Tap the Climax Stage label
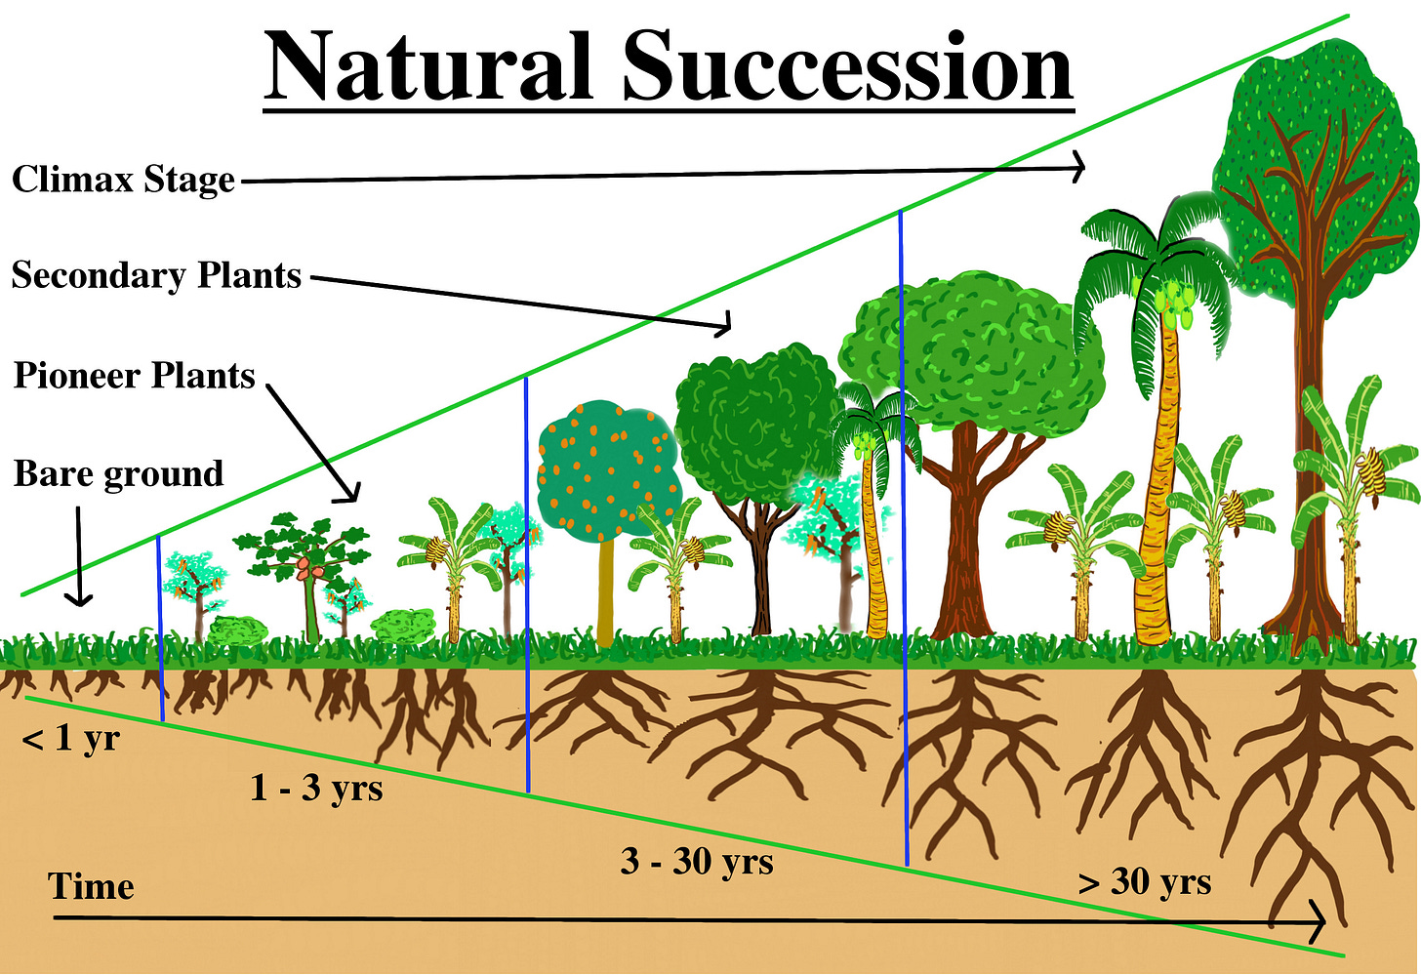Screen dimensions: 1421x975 coord(124,181)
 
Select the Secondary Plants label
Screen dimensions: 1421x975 coord(156,276)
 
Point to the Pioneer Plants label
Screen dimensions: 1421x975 coord(134,376)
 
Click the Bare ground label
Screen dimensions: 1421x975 coord(118,474)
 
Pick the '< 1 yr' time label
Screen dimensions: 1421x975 coord(70,739)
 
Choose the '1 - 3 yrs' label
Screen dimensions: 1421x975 coord(316,787)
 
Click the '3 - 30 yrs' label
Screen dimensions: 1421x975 coord(697,862)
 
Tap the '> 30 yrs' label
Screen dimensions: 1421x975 coord(1145,881)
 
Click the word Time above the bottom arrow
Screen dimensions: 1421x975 coord(91,886)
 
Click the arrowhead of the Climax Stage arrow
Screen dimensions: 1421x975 coord(1078,168)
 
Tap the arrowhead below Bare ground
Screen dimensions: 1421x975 coord(79,597)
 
